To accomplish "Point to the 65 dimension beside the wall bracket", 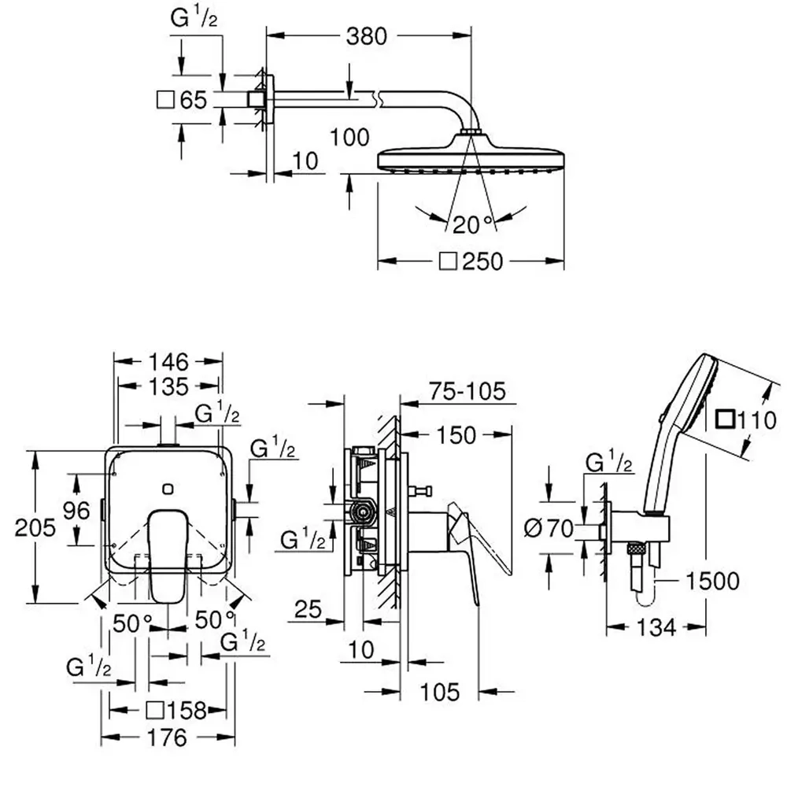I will [192, 100].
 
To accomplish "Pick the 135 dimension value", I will [168, 386].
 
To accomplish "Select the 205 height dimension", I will [35, 527].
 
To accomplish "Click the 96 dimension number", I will [76, 510].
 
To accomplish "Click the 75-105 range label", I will [467, 390].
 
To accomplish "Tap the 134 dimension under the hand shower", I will [656, 627].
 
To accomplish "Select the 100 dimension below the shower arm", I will [350, 137].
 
